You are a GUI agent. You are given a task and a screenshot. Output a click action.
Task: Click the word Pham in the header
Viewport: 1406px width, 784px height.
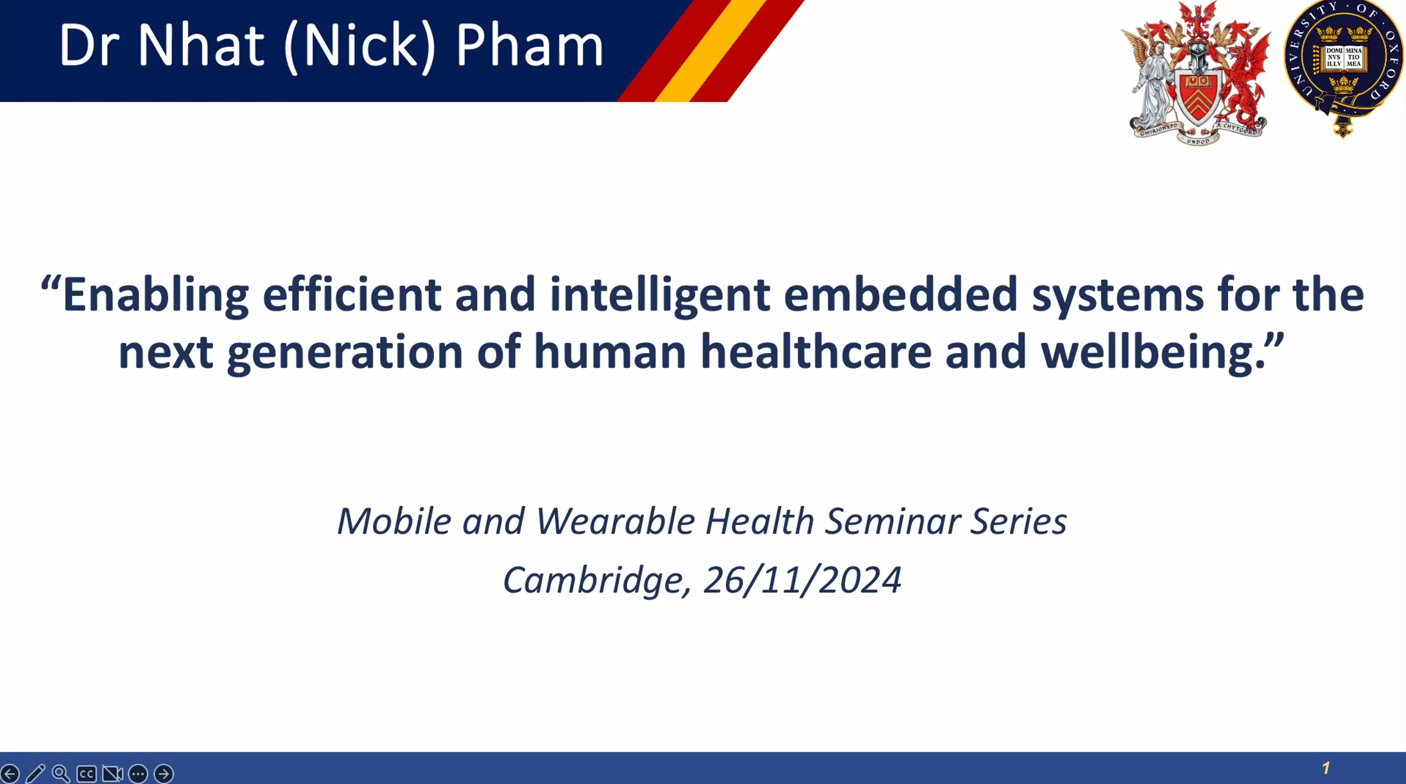pos(530,45)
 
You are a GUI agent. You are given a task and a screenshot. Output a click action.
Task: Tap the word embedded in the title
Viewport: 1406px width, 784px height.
pos(901,294)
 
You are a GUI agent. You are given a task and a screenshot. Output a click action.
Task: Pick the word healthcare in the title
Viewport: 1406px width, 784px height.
pos(815,352)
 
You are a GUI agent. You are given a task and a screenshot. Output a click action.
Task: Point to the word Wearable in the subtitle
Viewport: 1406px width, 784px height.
pos(615,521)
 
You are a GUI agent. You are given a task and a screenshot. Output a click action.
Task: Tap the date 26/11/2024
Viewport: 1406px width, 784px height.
pos(803,580)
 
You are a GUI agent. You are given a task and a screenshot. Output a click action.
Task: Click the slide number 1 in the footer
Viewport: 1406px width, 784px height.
pos(1326,768)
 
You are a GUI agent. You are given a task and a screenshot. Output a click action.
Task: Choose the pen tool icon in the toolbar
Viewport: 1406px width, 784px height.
pos(35,774)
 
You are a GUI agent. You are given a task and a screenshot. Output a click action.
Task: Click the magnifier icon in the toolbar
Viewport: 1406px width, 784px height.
pos(61,774)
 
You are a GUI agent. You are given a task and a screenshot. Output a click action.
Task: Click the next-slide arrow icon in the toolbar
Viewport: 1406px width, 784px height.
pos(164,774)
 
